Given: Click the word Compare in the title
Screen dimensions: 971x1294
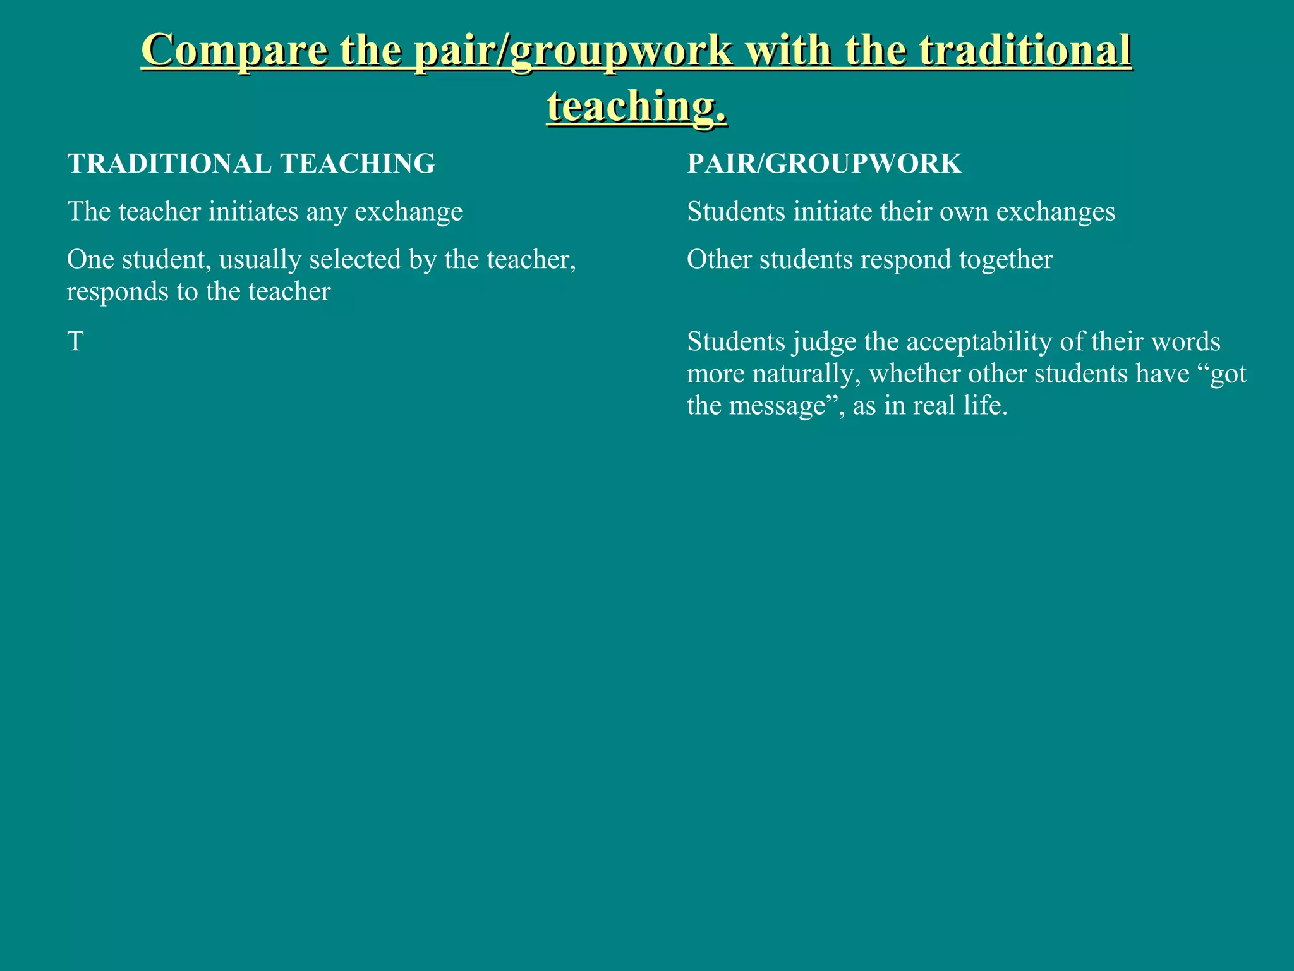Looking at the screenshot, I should point(234,51).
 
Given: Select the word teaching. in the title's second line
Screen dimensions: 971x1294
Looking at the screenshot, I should point(637,106).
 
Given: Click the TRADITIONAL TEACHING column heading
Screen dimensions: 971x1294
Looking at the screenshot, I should point(251,164).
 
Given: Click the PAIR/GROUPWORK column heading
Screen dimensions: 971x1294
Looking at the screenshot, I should point(824,164).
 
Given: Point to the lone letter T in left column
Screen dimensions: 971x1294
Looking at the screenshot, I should point(75,342).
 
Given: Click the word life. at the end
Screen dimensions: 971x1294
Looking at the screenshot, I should point(986,406).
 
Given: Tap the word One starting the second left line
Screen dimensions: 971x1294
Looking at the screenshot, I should point(90,259).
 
